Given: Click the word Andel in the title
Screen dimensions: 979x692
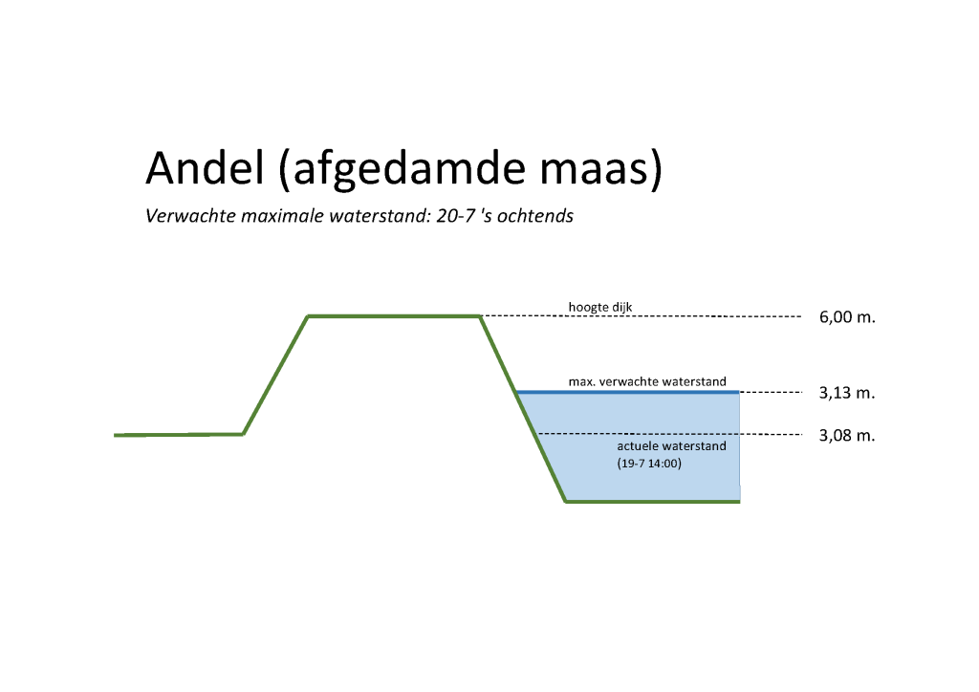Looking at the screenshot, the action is click(206, 167).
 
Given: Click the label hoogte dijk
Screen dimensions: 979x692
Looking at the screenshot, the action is click(600, 307).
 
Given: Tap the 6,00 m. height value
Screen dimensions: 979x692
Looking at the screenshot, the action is click(847, 317).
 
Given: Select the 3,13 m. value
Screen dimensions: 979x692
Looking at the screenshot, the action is click(847, 393).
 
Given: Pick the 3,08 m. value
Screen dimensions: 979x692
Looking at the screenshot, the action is click(847, 435).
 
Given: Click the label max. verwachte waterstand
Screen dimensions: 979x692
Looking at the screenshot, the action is click(647, 381).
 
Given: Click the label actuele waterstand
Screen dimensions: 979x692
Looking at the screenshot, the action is click(671, 446).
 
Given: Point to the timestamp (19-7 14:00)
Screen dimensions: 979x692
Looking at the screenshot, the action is click(649, 464).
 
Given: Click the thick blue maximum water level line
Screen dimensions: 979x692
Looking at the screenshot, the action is click(628, 392).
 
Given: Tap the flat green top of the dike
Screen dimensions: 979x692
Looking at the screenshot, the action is click(394, 316).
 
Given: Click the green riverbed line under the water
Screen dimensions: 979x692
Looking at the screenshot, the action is click(653, 501).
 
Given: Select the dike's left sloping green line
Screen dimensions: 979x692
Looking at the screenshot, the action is click(275, 376).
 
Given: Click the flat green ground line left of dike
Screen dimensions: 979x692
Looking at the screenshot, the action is click(179, 434).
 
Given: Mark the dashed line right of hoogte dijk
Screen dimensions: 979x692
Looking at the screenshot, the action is click(642, 316).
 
